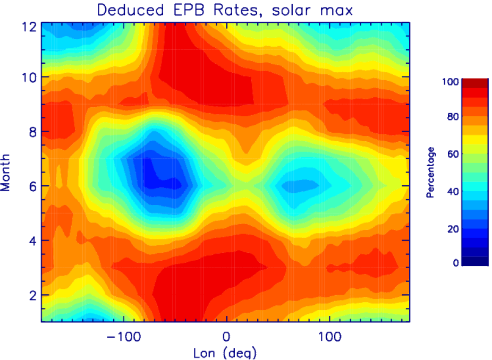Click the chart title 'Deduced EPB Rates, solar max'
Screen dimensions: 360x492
pyautogui.click(x=225, y=10)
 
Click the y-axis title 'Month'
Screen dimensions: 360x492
pyautogui.click(x=6, y=173)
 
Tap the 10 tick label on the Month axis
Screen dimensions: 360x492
pyautogui.click(x=29, y=77)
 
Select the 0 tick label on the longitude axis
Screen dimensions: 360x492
pyautogui.click(x=226, y=337)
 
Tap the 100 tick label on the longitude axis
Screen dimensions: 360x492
pyautogui.click(x=330, y=337)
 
